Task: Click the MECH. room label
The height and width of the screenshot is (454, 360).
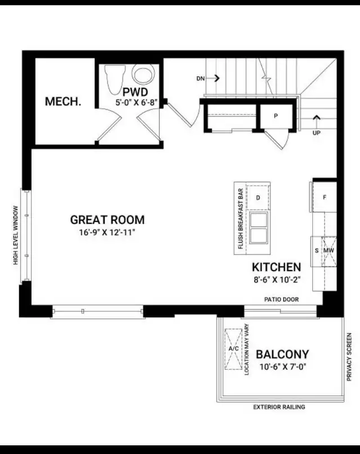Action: pos(63,101)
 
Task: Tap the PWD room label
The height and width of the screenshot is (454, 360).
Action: pos(135,92)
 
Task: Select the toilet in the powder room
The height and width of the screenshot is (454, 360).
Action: pos(115,79)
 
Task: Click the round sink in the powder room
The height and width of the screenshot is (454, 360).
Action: pos(143,74)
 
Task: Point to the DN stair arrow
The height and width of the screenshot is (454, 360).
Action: pos(217,78)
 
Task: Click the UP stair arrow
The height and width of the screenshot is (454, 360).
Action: pos(317,122)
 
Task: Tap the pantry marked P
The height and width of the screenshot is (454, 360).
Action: pos(276,116)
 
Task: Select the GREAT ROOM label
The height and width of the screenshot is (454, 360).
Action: pos(107,220)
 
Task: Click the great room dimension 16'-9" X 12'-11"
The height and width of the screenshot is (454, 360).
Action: pos(107,232)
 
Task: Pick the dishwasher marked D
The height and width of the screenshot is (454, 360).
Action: pos(258,197)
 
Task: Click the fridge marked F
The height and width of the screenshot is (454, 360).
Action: pos(325,197)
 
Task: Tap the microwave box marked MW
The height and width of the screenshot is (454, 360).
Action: pos(328,251)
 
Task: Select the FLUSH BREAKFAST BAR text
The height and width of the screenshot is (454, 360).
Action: pos(240,219)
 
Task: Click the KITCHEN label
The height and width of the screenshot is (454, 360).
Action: pos(276,267)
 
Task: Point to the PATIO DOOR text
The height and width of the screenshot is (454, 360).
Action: pos(281,299)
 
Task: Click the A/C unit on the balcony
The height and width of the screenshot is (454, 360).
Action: pos(233,349)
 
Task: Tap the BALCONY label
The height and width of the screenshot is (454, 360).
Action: pos(282,354)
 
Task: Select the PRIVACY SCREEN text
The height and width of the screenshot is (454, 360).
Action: pos(349,357)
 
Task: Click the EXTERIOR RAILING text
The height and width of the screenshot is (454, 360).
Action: pos(279,407)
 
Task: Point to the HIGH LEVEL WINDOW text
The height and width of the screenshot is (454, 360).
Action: pos(15,235)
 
